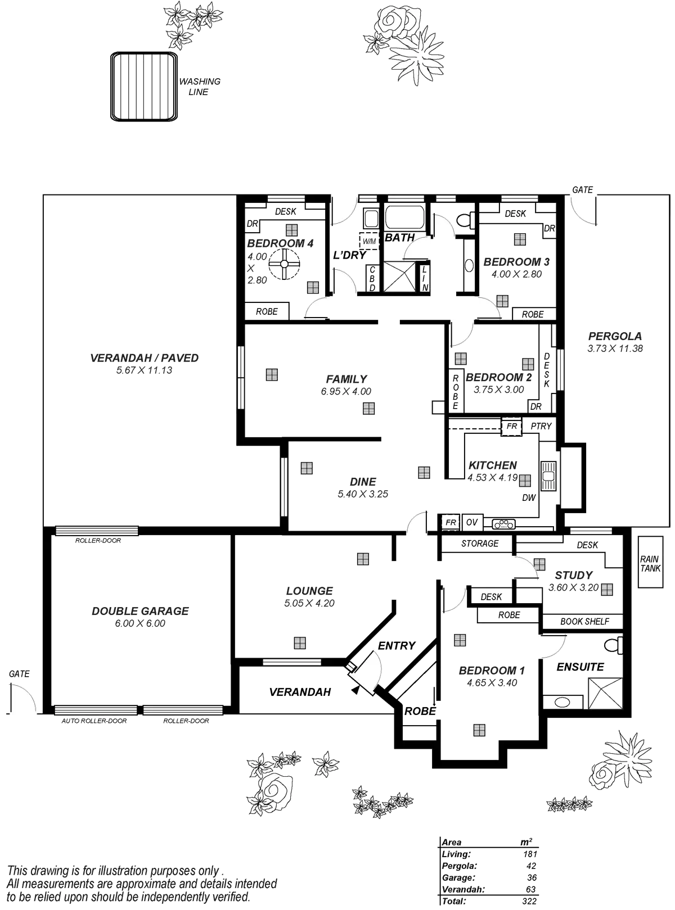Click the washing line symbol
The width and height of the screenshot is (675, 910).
pyautogui.click(x=145, y=85)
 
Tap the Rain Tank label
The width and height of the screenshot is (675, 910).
pyautogui.click(x=650, y=564)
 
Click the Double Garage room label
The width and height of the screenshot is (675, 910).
pyautogui.click(x=139, y=611)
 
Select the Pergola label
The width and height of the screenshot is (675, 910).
pyautogui.click(x=615, y=337)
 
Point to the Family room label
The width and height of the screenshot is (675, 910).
pyautogui.click(x=346, y=379)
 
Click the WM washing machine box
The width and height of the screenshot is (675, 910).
pyautogui.click(x=369, y=241)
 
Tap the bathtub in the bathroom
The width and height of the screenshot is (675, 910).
pyautogui.click(x=406, y=218)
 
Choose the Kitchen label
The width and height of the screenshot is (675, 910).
pyautogui.click(x=492, y=465)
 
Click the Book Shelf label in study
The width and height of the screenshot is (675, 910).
pyautogui.click(x=584, y=621)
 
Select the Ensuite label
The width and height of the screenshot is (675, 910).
pyautogui.click(x=580, y=667)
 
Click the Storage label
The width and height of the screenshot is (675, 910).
pyautogui.click(x=479, y=544)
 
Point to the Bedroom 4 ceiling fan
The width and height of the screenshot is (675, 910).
pyautogui.click(x=284, y=264)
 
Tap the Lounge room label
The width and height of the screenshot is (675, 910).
pyautogui.click(x=309, y=591)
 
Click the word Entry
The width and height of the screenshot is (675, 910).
pyautogui.click(x=397, y=645)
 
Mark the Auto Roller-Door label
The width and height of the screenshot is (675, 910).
pyautogui.click(x=94, y=721)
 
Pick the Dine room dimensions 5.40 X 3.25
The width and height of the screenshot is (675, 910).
pyautogui.click(x=363, y=495)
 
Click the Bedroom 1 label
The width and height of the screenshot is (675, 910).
pyautogui.click(x=492, y=671)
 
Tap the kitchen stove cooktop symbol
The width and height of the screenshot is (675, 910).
pyautogui.click(x=504, y=524)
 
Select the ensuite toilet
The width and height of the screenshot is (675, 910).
pyautogui.click(x=613, y=645)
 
